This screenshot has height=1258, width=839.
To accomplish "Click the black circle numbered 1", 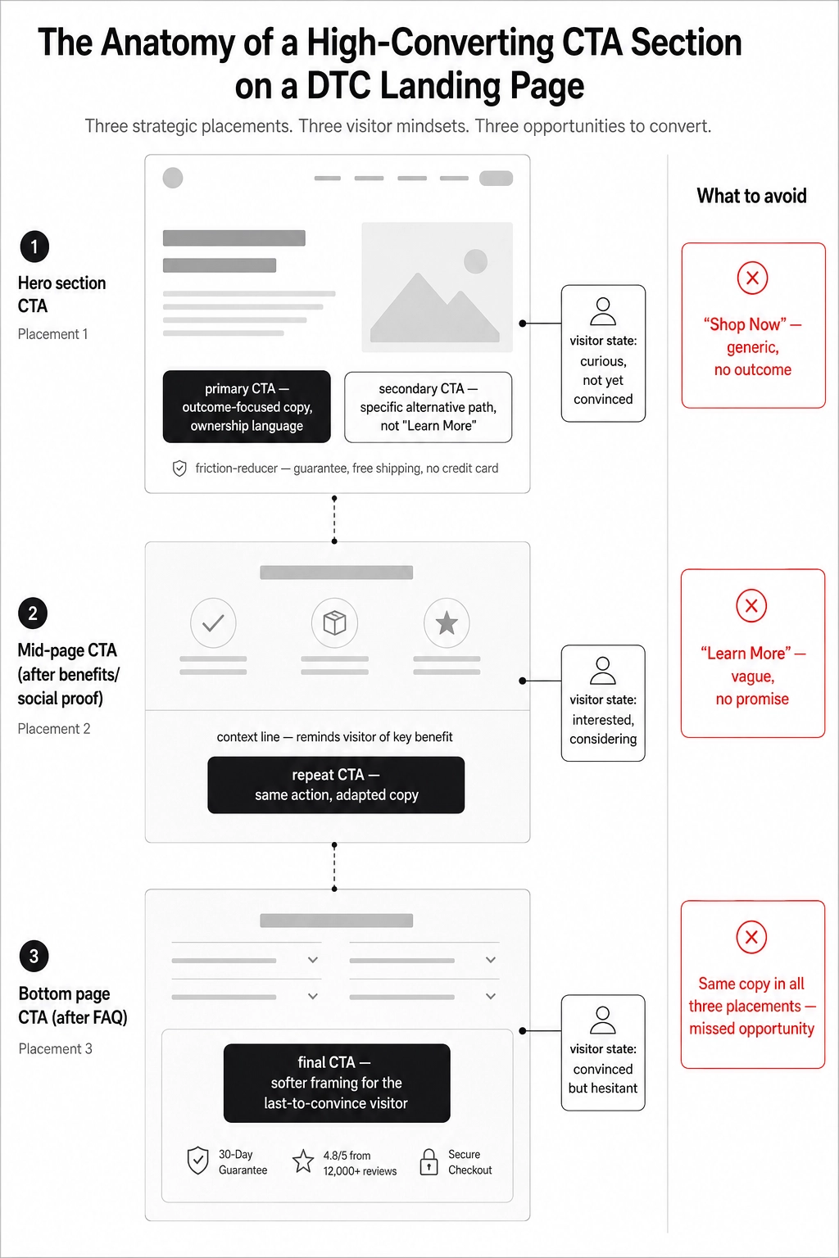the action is [34, 247].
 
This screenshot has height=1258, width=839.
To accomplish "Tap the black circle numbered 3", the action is [34, 956].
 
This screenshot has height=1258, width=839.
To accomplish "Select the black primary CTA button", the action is [247, 406].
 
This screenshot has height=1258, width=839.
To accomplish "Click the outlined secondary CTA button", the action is [429, 406].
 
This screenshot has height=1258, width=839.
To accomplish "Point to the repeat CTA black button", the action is [336, 785].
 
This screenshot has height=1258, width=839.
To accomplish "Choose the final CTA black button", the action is [337, 1083].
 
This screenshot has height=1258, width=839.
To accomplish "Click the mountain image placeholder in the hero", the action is [437, 287].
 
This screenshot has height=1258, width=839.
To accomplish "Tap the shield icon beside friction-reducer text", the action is [179, 468].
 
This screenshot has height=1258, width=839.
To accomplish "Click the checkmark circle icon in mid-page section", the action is [213, 622].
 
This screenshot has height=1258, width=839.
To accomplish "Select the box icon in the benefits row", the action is [334, 622].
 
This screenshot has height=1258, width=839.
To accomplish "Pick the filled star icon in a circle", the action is [447, 622].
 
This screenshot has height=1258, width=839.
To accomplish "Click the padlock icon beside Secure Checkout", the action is [429, 1162].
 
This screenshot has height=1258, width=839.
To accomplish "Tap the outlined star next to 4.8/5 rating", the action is [303, 1161].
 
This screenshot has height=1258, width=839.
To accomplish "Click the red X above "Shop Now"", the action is [752, 278].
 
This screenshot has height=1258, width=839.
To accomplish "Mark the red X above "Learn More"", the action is [751, 606].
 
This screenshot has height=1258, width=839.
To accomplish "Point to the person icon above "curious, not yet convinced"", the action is [603, 312].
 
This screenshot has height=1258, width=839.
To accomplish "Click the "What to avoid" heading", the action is [752, 196].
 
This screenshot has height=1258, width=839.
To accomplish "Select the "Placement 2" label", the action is [54, 728].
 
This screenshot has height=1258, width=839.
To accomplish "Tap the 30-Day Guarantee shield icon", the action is [197, 1161].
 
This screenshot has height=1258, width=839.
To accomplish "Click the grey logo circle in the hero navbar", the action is [173, 178].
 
